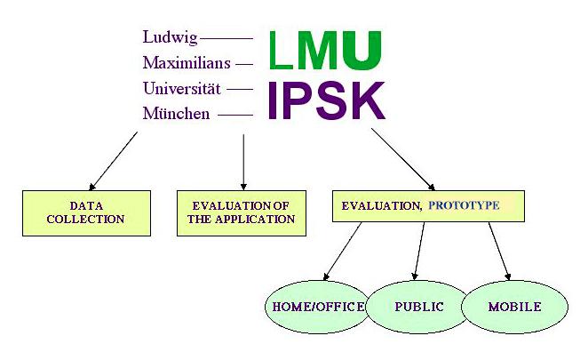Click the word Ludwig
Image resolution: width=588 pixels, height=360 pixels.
[x=169, y=37]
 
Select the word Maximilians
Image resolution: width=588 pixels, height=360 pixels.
[x=187, y=63]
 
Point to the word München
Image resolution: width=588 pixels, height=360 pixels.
[x=176, y=115]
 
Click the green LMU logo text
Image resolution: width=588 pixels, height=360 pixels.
[x=325, y=51]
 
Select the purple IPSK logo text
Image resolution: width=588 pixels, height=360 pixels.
[x=327, y=100]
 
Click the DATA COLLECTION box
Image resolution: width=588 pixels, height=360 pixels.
[x=85, y=212]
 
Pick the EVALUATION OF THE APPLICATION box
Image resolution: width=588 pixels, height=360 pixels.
[x=242, y=212]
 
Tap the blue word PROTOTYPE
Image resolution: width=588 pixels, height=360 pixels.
[x=464, y=205]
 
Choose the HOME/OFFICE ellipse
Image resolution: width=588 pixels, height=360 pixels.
[x=315, y=307]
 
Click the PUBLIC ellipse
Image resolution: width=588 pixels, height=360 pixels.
[x=418, y=307]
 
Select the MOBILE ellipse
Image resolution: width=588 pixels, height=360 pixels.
[x=514, y=307]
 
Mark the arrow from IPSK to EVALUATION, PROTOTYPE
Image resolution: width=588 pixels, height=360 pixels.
[x=402, y=158]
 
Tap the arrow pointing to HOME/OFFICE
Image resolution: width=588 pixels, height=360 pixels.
[x=341, y=251]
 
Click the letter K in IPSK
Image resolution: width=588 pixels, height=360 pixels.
[x=365, y=100]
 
